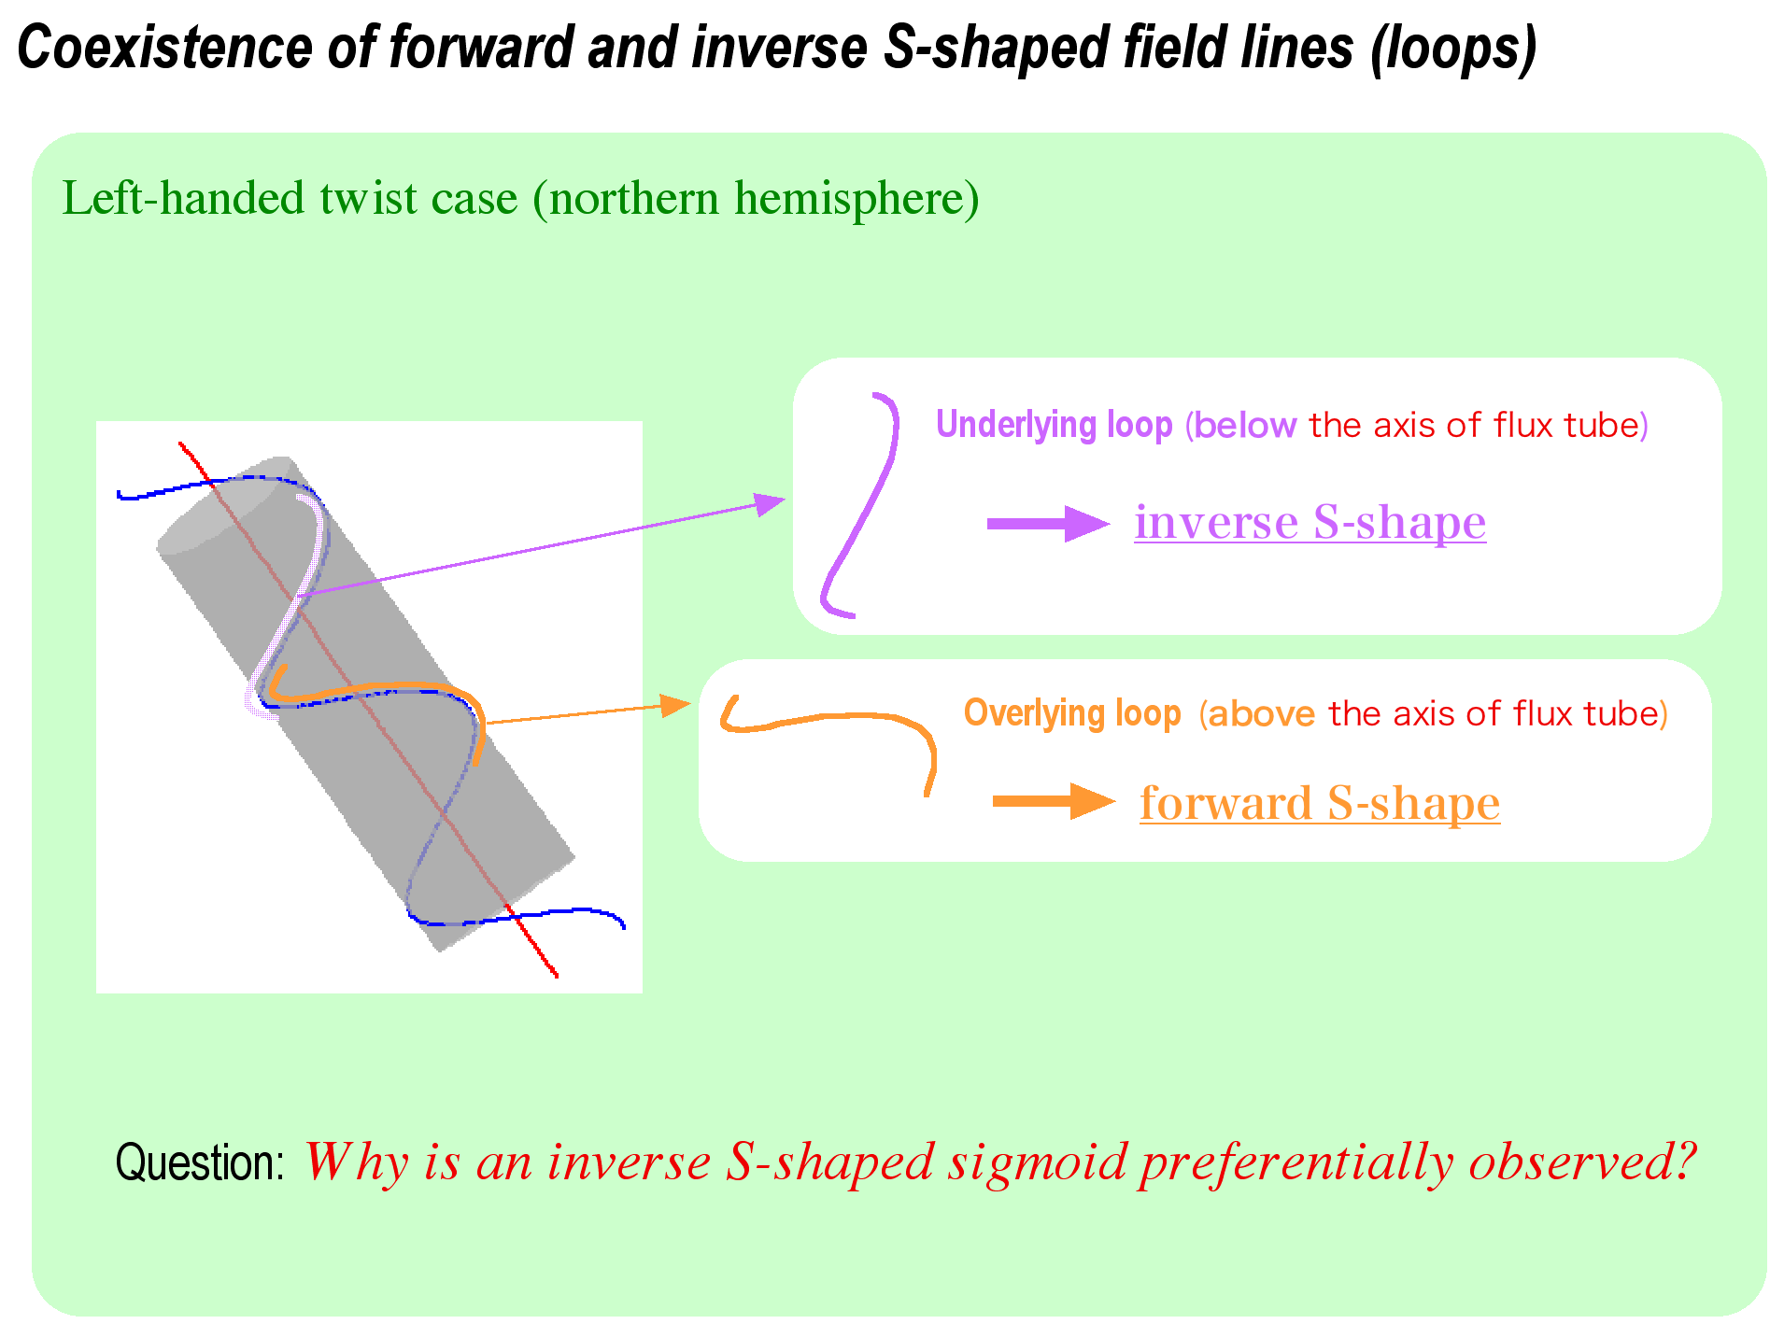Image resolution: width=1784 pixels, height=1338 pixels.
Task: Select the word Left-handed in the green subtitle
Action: [x=184, y=198]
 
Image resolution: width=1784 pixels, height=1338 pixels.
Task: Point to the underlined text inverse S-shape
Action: [x=1310, y=521]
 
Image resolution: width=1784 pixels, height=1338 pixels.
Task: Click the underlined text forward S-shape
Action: [x=1320, y=803]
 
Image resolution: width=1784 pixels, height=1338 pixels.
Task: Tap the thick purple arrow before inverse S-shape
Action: [x=1048, y=524]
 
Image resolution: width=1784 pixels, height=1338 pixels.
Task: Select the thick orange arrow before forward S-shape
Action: [x=1054, y=801]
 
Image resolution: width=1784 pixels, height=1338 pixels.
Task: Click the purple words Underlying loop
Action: [x=1054, y=425]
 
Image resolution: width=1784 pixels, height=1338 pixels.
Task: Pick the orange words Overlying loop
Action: [x=1072, y=713]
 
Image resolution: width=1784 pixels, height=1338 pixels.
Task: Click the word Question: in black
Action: [x=200, y=1162]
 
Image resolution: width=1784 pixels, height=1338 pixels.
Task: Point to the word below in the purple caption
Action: [x=1244, y=425]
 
